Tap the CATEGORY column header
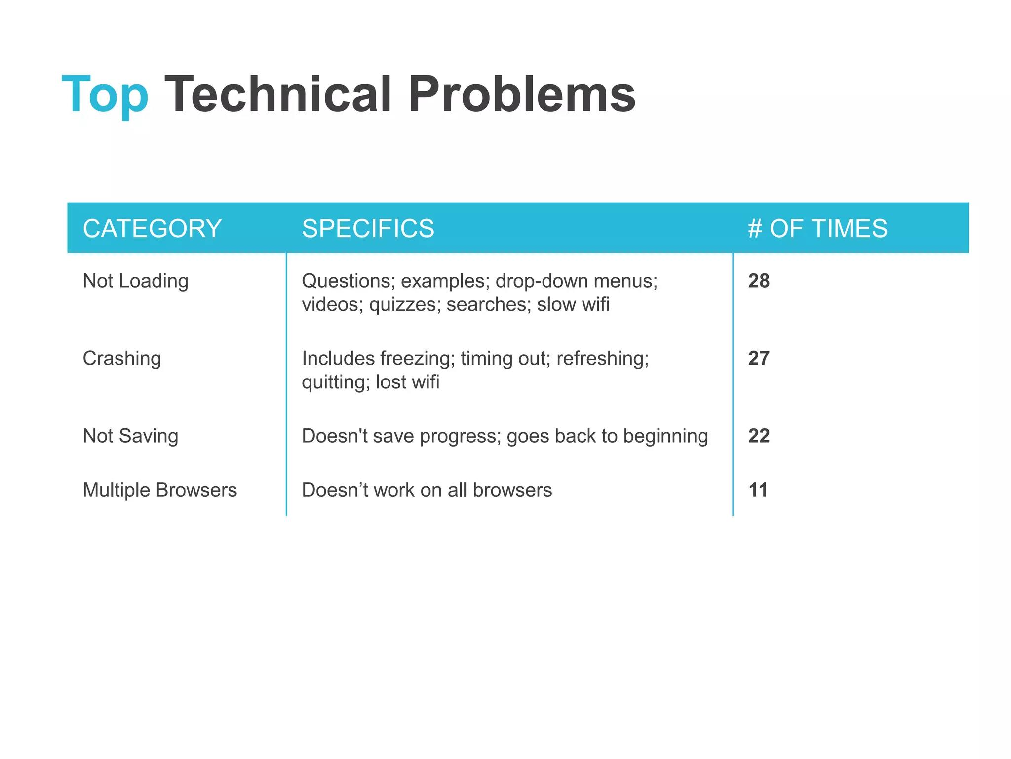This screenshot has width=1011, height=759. tap(152, 228)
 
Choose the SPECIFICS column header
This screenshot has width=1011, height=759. tap(368, 228)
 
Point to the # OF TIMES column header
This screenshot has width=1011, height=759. tap(817, 228)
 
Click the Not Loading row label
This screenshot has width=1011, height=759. tap(135, 281)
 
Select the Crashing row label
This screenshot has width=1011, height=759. tap(121, 358)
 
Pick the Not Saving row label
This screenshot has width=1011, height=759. tap(130, 436)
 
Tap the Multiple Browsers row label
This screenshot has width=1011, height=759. tap(159, 490)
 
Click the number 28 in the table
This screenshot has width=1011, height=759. tap(759, 281)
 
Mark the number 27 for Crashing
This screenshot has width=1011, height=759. tap(759, 358)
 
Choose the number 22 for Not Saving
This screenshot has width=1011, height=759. tap(759, 436)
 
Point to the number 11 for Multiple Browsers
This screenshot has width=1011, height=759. tap(758, 490)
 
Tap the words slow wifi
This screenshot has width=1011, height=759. tap(573, 304)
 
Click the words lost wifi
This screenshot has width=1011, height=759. tap(407, 382)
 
